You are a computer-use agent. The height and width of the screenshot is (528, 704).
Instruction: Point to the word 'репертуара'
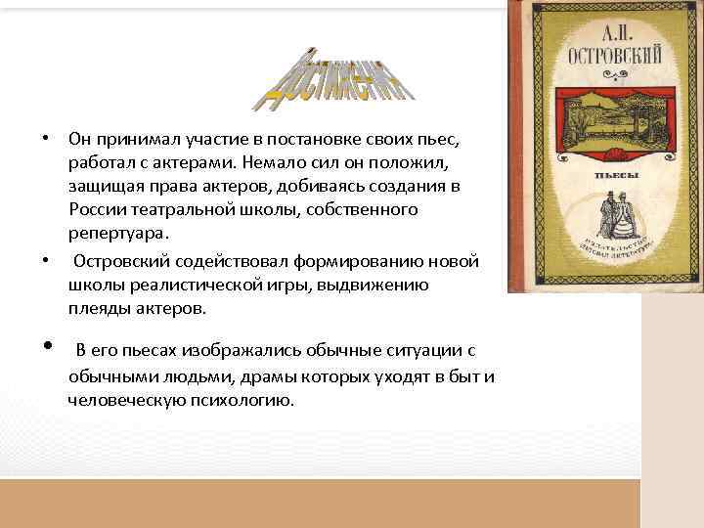[116, 234]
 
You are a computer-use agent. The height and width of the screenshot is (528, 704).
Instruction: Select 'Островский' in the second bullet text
[123, 260]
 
